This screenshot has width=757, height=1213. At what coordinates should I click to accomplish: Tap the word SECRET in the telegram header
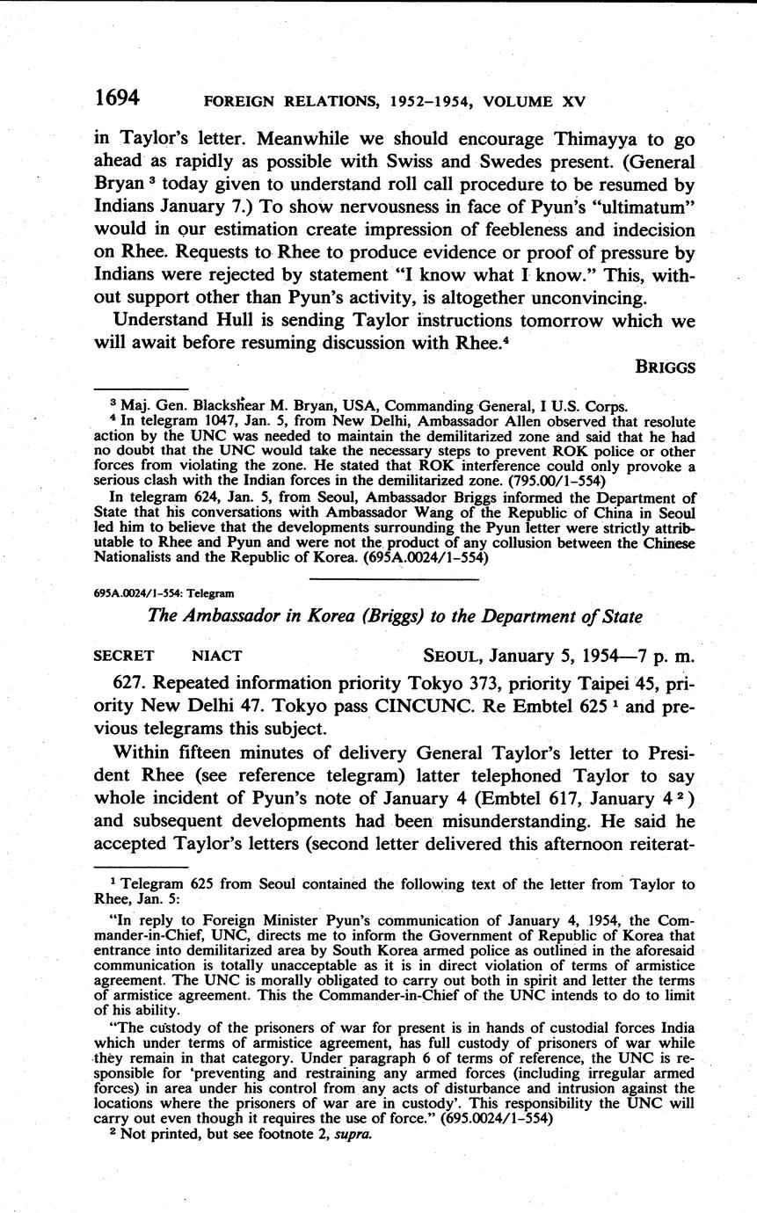point(123,654)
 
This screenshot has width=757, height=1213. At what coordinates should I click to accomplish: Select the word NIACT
point(218,654)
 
